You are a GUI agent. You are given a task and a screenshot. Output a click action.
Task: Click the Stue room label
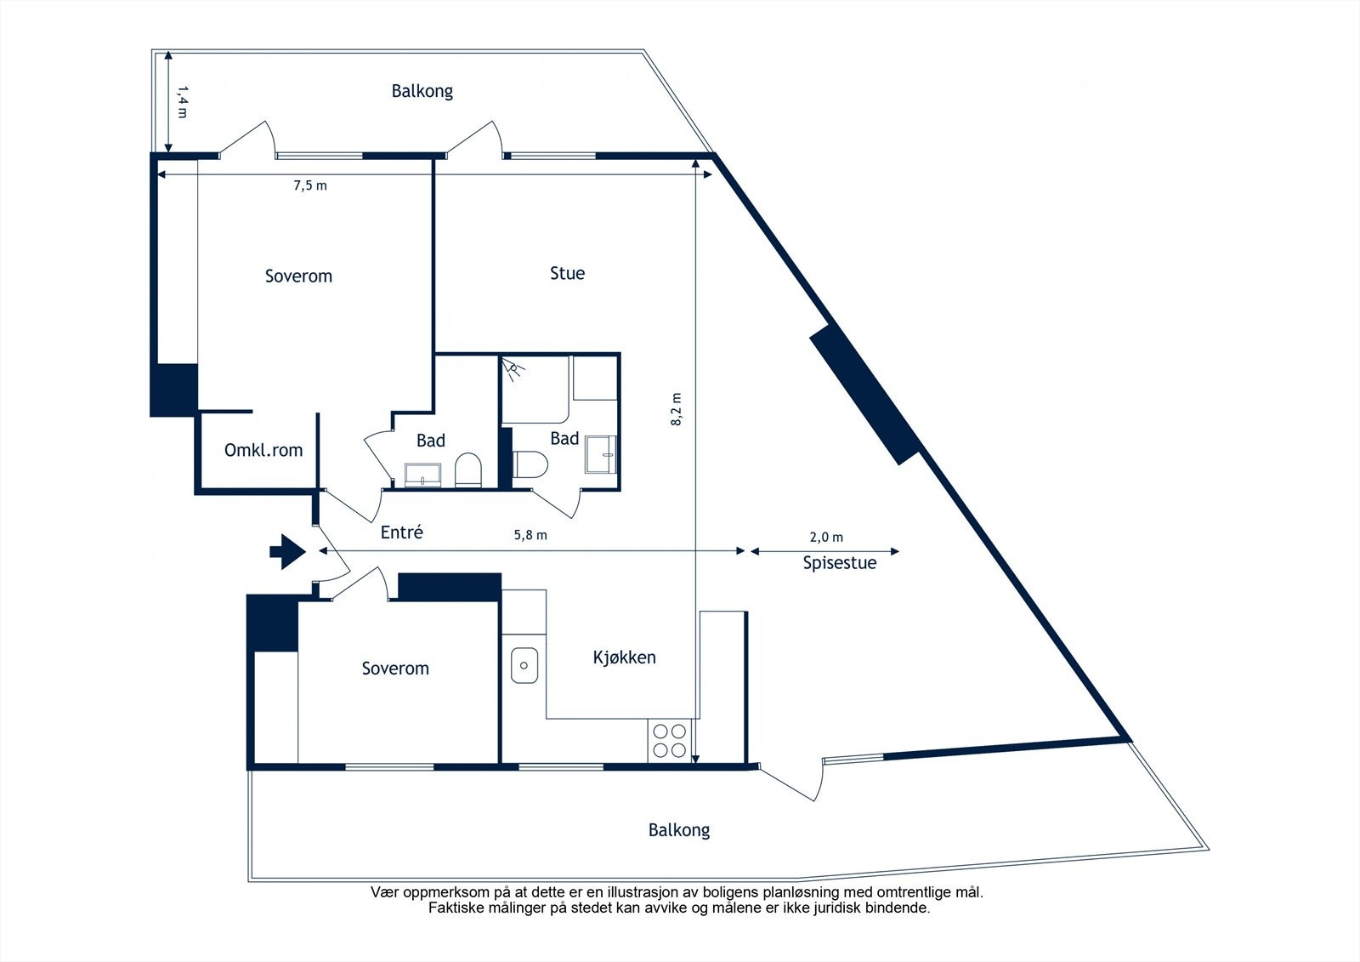[x=567, y=274]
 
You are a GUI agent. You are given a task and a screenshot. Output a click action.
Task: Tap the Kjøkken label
[x=624, y=657]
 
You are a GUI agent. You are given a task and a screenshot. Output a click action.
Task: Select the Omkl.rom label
[x=263, y=450]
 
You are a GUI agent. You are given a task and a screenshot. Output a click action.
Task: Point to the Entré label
[x=401, y=532]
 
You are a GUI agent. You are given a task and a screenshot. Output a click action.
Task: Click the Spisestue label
[x=840, y=563]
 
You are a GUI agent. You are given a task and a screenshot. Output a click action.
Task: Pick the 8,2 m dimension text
[x=677, y=409]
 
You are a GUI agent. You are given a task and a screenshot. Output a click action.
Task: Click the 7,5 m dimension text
[x=310, y=186]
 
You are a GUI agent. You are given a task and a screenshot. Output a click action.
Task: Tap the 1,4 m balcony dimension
[x=182, y=101]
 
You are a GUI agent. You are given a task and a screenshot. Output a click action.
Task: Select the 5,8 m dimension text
[x=530, y=535]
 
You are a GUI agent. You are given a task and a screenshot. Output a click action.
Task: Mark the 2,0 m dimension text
[x=826, y=538]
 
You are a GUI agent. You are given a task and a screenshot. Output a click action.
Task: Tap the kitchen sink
[x=524, y=665]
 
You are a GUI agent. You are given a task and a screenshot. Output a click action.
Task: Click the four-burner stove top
[x=670, y=741]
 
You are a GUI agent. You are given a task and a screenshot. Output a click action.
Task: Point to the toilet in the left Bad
[x=467, y=470]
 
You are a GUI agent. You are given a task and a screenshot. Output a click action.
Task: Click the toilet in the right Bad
[x=530, y=464]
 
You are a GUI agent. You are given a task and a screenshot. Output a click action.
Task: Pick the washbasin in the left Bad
[x=422, y=475]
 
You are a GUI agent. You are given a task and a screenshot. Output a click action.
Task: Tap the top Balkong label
[x=422, y=91]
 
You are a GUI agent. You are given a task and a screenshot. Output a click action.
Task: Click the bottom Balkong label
[x=679, y=830]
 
